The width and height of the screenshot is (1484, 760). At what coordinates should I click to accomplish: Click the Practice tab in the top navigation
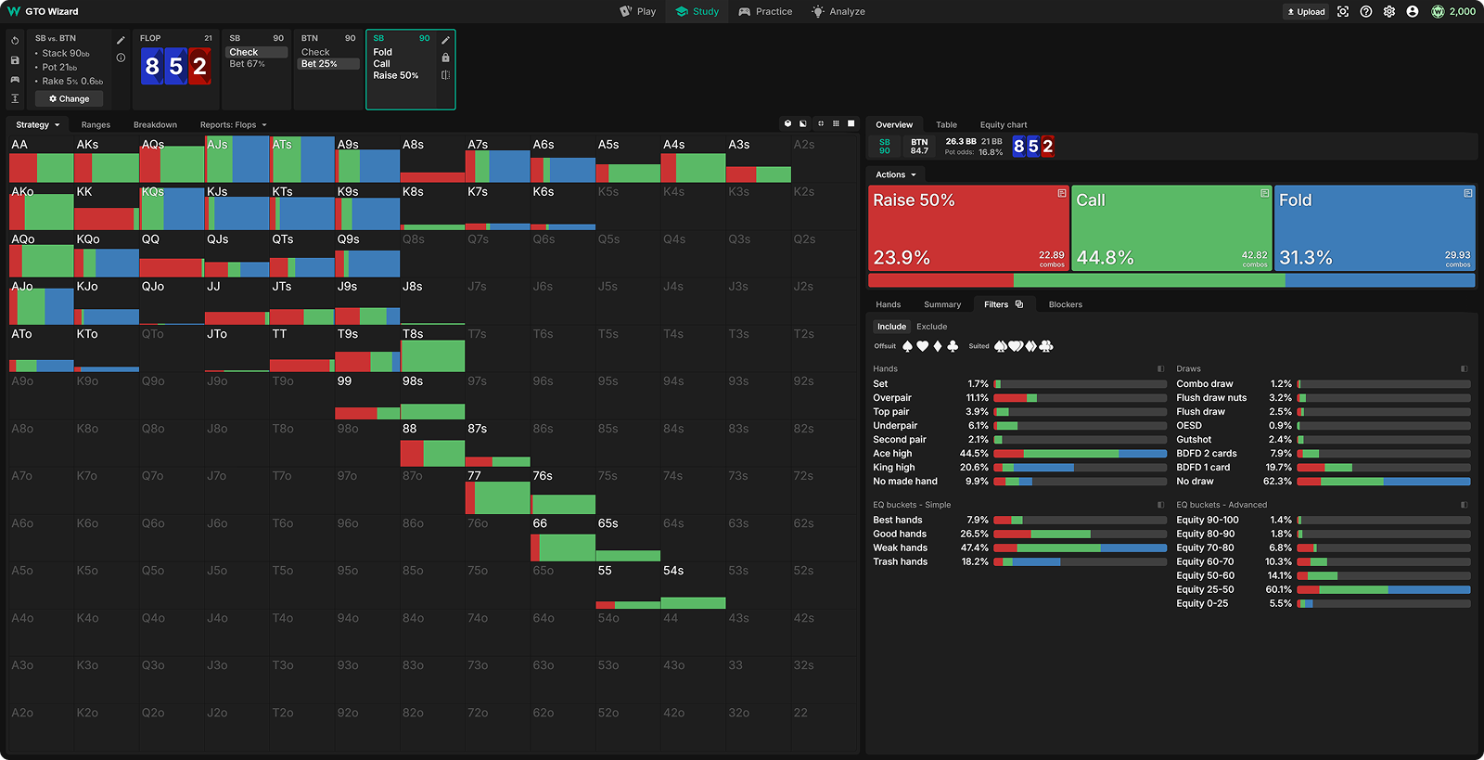click(x=765, y=12)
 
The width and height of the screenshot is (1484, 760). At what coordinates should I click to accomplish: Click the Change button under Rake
click(x=70, y=98)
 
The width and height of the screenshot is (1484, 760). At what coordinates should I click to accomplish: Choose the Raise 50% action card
click(x=968, y=228)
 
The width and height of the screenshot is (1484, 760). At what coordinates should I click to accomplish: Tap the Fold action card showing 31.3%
click(x=1375, y=228)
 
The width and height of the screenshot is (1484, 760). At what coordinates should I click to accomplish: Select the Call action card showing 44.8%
click(x=1171, y=228)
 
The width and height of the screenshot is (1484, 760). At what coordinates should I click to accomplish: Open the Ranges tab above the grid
click(x=96, y=125)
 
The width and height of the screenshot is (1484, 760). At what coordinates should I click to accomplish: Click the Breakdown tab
click(x=155, y=125)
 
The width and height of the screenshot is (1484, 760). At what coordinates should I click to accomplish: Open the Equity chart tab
click(x=1004, y=125)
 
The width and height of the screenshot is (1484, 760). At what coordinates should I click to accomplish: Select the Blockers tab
click(x=1065, y=304)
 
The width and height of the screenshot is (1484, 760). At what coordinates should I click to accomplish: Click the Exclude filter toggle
click(x=931, y=327)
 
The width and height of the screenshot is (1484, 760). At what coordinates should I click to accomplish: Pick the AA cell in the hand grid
click(x=41, y=160)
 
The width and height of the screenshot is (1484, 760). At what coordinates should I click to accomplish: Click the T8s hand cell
click(x=432, y=349)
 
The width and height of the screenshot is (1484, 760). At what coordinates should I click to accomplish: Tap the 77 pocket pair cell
click(x=497, y=491)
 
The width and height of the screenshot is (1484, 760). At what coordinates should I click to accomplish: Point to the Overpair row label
click(x=892, y=398)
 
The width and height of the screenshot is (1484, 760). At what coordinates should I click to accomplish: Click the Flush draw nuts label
click(x=1211, y=398)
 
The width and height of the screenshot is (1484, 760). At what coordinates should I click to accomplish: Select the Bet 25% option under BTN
click(x=320, y=64)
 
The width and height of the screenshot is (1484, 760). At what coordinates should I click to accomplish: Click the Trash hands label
click(x=900, y=562)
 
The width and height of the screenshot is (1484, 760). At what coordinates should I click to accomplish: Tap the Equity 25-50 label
click(x=1205, y=590)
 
